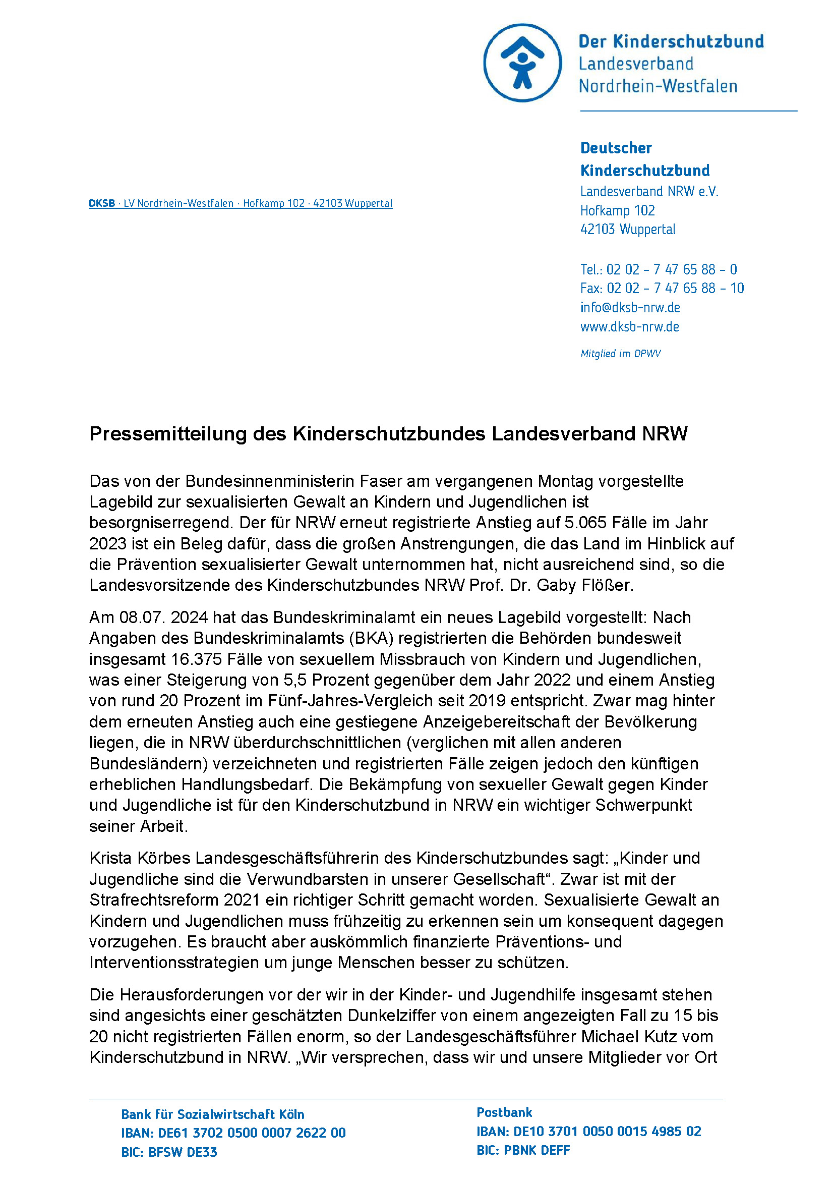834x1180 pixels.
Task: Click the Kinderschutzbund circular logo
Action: [x=522, y=63]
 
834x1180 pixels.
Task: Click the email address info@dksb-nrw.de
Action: [x=630, y=307]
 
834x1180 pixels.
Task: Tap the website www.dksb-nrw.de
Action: [x=630, y=326]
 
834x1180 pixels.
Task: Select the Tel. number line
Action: [x=659, y=269]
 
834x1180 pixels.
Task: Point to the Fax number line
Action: [x=662, y=289]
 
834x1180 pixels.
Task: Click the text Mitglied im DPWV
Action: [x=620, y=354]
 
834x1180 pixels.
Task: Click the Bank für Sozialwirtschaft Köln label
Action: [x=213, y=1114]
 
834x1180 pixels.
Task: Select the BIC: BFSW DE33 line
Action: [x=169, y=1152]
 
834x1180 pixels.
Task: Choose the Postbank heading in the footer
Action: [x=504, y=1112]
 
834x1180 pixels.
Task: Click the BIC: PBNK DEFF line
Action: [x=523, y=1150]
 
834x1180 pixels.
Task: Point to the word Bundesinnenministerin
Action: [x=270, y=481]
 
